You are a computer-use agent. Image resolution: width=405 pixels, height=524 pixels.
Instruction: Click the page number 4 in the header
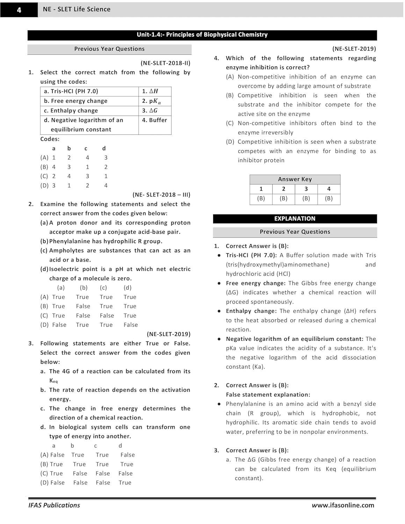[x=19, y=10]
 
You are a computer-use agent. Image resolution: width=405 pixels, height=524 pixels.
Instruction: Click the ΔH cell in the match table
[x=150, y=91]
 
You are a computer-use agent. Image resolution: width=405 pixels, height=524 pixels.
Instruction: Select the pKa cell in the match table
[x=151, y=101]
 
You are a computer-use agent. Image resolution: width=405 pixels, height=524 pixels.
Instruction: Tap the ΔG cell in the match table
[x=150, y=110]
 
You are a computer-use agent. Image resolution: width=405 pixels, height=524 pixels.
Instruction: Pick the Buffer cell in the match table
[x=154, y=120]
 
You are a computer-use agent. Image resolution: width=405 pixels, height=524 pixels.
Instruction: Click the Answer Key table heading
[x=295, y=179]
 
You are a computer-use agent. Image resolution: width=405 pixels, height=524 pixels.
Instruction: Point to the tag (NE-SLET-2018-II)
[x=165, y=63]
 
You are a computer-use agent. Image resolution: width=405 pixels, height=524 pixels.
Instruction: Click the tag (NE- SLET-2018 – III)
[x=161, y=195]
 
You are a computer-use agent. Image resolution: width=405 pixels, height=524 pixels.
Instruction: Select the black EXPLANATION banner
[x=295, y=219]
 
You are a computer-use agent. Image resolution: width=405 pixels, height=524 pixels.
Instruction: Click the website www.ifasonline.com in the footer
[x=343, y=505]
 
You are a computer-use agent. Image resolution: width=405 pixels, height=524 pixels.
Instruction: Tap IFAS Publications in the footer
[x=54, y=505]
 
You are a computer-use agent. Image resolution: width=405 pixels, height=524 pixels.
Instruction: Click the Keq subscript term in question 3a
[x=53, y=381]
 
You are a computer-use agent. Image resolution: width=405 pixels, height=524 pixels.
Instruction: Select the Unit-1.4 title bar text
[x=202, y=35]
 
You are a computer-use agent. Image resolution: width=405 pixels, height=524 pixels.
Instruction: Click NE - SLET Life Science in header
[x=77, y=9]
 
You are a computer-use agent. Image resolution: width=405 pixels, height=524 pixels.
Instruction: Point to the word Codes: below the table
[x=50, y=139]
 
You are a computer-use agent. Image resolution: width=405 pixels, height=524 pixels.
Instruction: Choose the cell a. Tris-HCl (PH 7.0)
[x=71, y=91]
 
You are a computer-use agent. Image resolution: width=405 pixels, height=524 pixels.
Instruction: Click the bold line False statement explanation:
[x=268, y=394]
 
